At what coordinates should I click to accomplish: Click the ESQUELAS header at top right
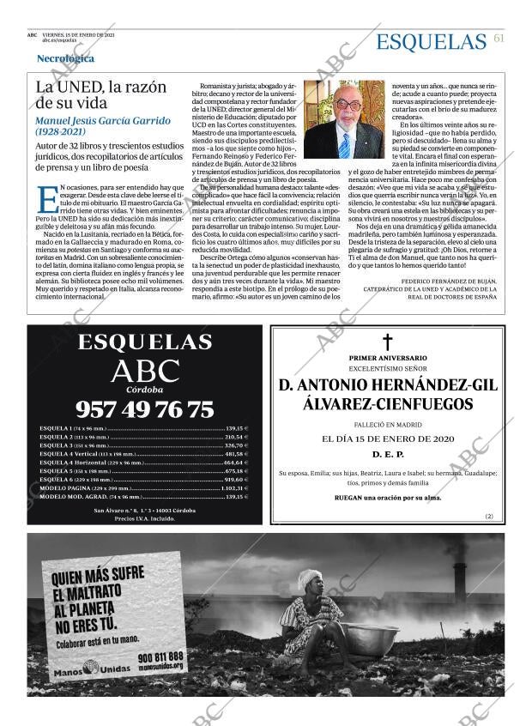[431, 41]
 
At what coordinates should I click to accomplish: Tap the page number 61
[499, 39]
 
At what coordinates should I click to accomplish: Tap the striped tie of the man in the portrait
[344, 143]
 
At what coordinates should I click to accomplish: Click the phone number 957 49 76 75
[144, 408]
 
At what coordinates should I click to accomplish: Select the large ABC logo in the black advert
[145, 371]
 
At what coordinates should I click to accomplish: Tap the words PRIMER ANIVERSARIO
[388, 357]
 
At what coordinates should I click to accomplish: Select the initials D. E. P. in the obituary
[388, 453]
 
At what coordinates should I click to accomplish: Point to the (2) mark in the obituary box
[489, 517]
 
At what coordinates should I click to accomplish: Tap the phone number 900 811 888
[160, 656]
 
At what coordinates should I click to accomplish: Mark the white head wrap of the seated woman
[308, 580]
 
